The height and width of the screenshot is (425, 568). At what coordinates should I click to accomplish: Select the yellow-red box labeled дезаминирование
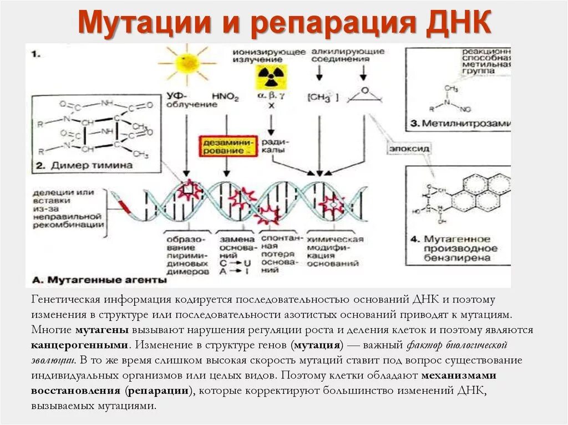click(229, 146)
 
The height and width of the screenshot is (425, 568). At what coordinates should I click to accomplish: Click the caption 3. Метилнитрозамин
click(464, 123)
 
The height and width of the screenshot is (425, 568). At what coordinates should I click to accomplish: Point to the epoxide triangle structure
click(364, 95)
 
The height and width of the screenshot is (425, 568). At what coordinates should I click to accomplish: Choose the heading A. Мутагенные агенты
click(99, 279)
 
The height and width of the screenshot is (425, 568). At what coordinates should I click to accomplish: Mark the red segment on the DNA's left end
click(123, 206)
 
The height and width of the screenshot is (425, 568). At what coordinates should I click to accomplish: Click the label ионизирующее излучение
click(269, 55)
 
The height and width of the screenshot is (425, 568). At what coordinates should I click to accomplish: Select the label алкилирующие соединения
click(348, 55)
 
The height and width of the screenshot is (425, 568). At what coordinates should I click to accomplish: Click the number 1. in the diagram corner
click(35, 54)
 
